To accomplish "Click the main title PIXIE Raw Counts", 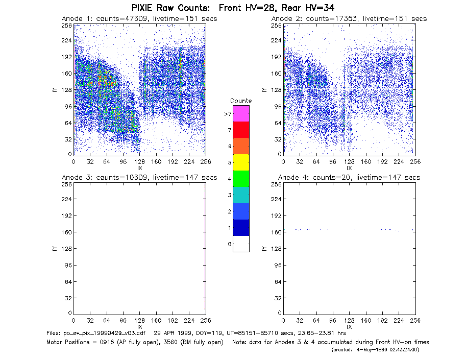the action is coord(170,8).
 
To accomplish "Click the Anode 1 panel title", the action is coord(139,19).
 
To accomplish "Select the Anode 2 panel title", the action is coord(349,19).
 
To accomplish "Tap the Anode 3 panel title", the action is coord(139,178).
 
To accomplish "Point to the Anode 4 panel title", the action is coord(349,178).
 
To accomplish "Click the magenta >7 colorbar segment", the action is coord(241,113).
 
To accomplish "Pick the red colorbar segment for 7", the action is coord(241,130).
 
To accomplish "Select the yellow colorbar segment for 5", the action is coord(241,162).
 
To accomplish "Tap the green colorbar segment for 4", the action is coord(241,179).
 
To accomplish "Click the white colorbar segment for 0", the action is coord(241,244).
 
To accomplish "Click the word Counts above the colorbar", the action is coord(241,101).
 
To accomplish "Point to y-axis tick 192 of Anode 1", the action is coord(66,57).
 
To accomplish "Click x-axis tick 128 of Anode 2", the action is coord(349,162).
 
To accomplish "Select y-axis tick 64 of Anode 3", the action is coord(68,281).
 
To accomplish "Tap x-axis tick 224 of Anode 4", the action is coord(399,321).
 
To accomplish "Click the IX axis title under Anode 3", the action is coord(140,327).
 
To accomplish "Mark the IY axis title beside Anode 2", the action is coord(264,90).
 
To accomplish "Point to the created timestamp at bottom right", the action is coord(375,350).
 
